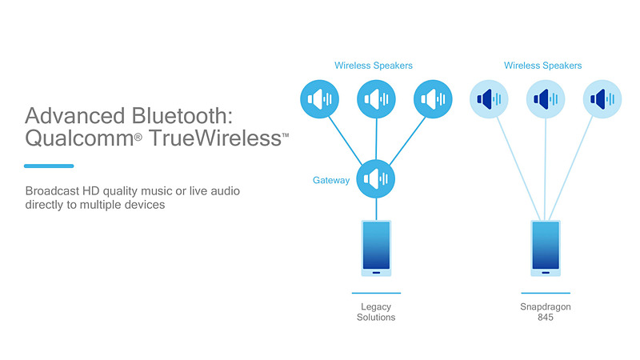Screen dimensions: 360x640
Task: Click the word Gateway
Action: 330,181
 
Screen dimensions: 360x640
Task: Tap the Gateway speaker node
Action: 375,178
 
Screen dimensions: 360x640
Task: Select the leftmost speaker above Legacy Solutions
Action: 319,99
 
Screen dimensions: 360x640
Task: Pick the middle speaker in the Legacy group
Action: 375,99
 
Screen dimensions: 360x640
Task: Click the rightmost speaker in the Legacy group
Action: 433,99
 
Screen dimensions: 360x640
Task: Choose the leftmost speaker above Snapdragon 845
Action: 487,99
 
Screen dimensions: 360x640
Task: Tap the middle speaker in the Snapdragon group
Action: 546,99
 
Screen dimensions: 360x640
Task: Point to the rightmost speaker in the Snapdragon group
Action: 602,99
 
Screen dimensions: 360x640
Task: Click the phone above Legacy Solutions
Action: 376,249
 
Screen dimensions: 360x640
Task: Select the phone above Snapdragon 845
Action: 546,249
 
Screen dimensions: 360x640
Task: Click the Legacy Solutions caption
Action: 376,312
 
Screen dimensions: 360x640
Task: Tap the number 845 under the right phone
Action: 546,318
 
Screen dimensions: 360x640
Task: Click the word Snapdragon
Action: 546,306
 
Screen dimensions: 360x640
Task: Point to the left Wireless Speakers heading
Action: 374,66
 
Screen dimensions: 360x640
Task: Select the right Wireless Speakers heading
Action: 543,66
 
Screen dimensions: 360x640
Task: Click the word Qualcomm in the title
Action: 78,140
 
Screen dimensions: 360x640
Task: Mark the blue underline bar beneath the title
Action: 49,166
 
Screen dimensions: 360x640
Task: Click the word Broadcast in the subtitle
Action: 54,191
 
